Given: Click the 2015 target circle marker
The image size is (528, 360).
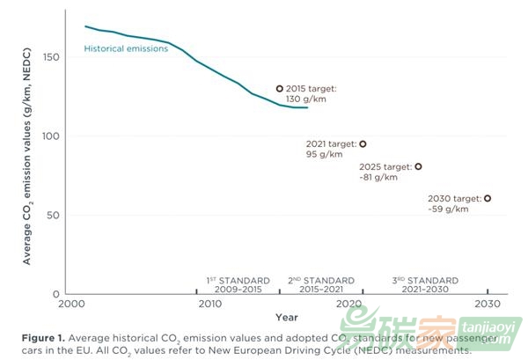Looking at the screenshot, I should click(280, 89).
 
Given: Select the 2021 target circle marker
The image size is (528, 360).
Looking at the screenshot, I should click(363, 143).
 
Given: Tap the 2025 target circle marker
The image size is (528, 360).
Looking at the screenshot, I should click(418, 166).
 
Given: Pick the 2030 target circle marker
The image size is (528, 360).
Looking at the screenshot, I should click(488, 198).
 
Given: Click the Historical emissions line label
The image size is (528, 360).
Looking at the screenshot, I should click(125, 49).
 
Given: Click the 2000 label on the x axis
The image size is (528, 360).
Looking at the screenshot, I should click(70, 305).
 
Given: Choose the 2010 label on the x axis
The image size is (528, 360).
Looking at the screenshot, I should click(209, 305).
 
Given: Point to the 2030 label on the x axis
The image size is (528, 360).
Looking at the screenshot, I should click(488, 305).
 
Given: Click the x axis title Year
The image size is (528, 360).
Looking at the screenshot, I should click(285, 317).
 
